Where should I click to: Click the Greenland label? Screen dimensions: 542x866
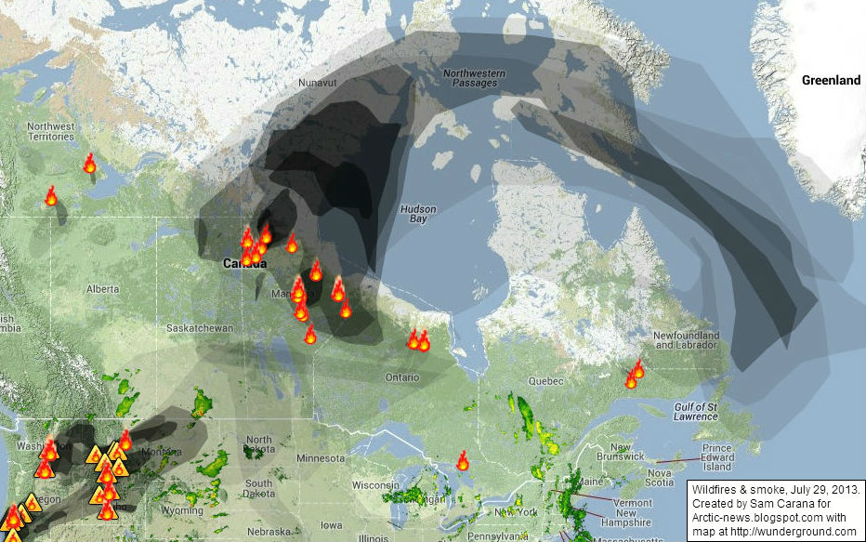pos(831,81)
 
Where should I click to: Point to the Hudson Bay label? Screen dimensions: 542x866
pos(417,214)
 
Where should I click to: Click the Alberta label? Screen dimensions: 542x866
pos(103,289)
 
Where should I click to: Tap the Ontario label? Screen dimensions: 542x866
pos(403,377)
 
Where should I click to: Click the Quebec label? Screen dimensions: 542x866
pos(545,381)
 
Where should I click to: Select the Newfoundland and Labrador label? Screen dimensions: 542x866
pos(687,339)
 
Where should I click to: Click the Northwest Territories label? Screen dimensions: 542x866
pos(50,131)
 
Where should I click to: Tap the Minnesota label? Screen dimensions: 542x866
pos(320,458)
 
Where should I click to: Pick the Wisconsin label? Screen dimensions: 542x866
pos(375,485)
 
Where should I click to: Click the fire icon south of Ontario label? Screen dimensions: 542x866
pos(463,460)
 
